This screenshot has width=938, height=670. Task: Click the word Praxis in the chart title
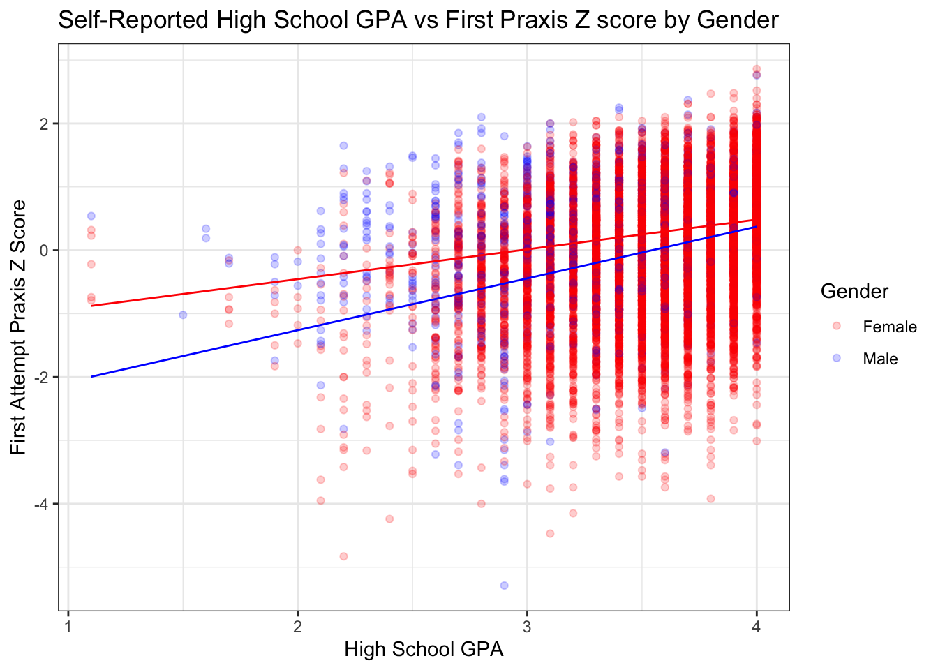(542, 20)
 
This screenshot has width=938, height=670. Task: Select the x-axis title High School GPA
(424, 650)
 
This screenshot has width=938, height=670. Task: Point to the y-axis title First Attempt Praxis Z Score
(19, 327)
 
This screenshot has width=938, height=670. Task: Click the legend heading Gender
(854, 291)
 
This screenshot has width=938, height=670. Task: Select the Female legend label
(889, 327)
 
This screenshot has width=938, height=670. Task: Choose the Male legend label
(880, 359)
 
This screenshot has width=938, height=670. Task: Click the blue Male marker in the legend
(837, 358)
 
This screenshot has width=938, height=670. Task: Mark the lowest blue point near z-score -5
(504, 585)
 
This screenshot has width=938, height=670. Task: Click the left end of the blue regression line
(91, 376)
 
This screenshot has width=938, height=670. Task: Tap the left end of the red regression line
(91, 306)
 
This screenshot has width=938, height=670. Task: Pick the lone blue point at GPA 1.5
(183, 315)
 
